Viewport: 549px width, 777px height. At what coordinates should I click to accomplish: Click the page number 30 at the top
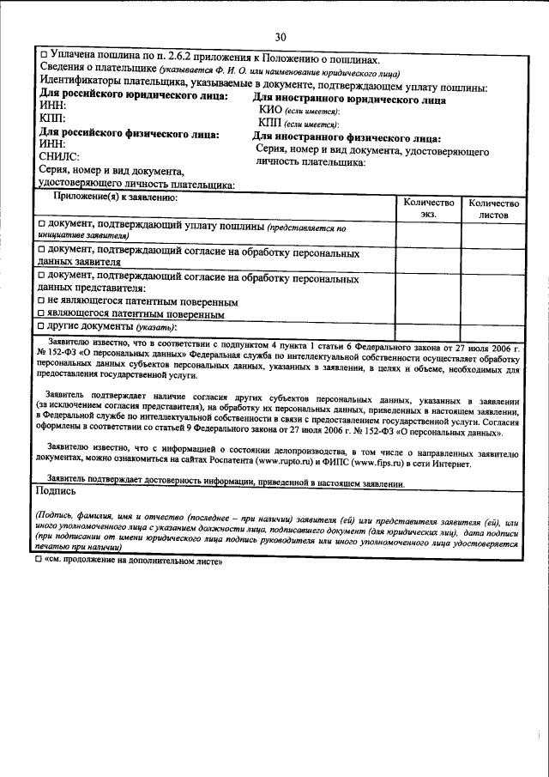coord(281,37)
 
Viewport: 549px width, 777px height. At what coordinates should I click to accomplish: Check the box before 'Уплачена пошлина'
coord(44,55)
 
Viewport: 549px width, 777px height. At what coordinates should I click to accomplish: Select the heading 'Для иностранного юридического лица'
coord(349,100)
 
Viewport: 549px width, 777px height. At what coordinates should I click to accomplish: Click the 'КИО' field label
coord(270,112)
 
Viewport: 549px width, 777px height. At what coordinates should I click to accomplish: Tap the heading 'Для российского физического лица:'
coord(130,135)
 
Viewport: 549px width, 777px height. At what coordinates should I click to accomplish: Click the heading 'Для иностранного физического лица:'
coord(347,137)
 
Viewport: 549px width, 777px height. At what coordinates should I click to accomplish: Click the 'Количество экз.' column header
coord(428,208)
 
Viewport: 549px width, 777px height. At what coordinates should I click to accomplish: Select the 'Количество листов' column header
coord(493,209)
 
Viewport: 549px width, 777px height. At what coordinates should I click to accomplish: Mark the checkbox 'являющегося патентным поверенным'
coord(43,314)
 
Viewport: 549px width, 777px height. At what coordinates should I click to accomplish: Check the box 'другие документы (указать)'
coord(43,327)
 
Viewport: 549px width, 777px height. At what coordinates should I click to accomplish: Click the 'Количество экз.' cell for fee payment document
coord(428,232)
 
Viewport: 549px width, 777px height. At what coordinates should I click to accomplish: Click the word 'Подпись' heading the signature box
coord(57,492)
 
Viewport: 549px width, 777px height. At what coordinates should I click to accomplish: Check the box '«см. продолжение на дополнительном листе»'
coord(39,561)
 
